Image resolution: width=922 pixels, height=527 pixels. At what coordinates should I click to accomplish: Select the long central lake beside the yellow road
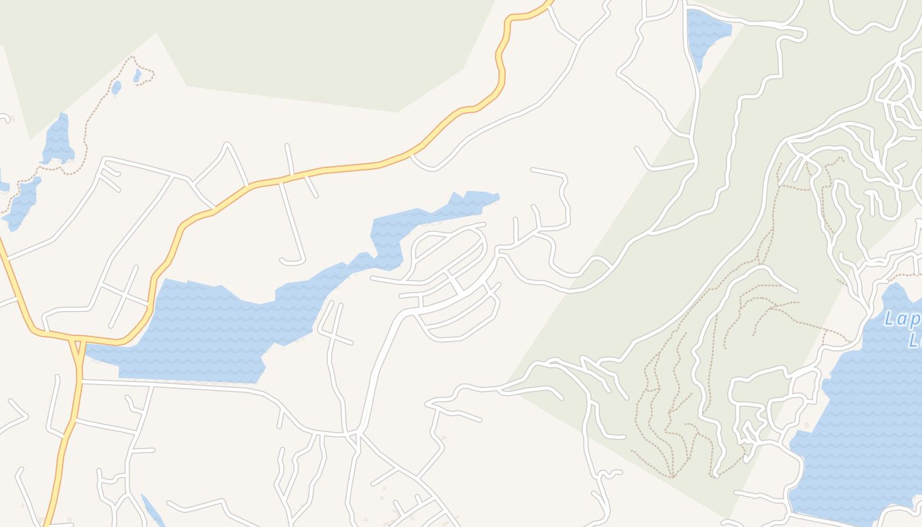point(211,329)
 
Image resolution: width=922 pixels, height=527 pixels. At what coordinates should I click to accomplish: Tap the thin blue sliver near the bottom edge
point(153,511)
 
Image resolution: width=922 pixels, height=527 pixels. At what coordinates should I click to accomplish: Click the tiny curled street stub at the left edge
point(7,119)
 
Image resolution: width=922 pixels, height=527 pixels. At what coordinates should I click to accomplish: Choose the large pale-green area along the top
point(263,46)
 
